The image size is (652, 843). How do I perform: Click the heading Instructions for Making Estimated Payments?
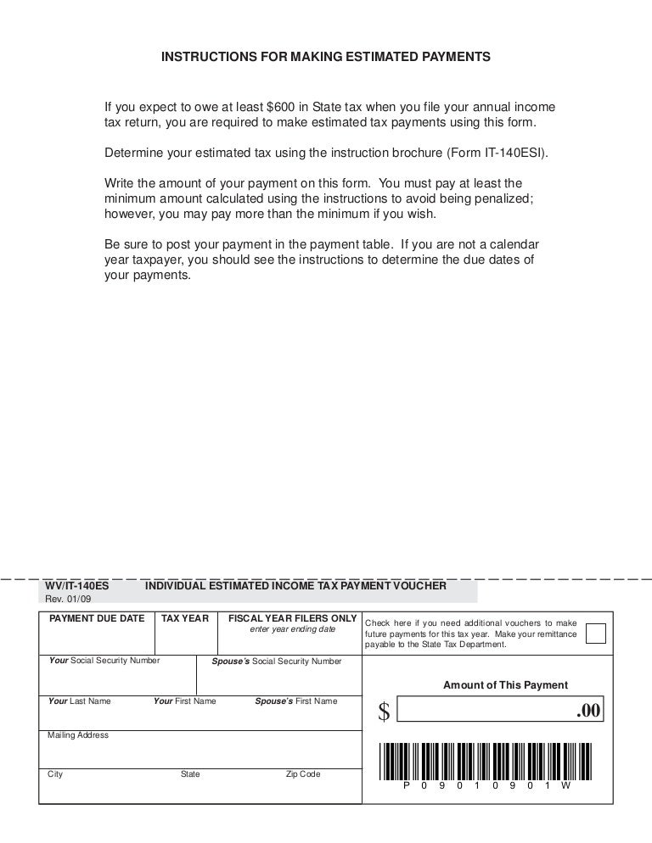326,57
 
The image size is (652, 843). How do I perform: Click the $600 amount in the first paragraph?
281,108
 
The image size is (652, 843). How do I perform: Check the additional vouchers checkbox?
597,634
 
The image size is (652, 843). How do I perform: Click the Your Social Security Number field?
118,674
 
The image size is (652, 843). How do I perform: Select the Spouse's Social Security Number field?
278,674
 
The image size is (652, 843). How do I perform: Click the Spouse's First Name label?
295,701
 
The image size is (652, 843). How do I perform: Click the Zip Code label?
303,774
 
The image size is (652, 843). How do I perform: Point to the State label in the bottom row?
190,774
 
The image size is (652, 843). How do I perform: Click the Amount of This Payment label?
506,685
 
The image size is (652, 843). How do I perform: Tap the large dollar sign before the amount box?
383,714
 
